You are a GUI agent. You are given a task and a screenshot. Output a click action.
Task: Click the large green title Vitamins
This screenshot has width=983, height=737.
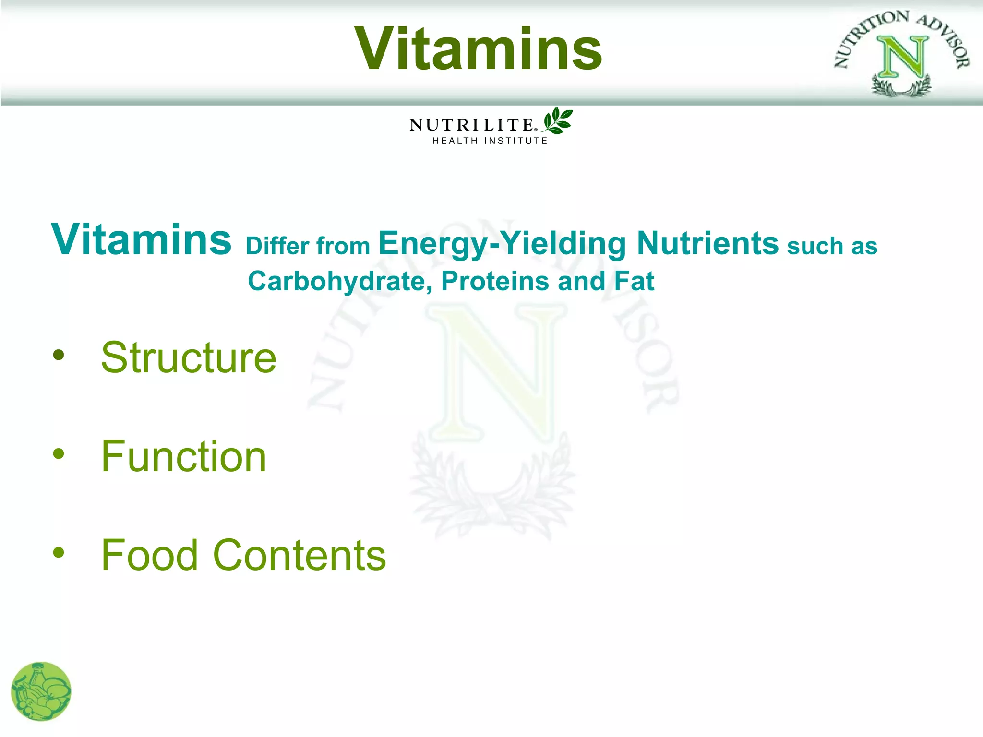pos(479,49)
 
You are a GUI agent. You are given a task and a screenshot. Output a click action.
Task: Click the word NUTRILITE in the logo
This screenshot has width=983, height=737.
pos(471,125)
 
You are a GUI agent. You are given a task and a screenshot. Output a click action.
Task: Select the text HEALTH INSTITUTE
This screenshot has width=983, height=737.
pos(490,141)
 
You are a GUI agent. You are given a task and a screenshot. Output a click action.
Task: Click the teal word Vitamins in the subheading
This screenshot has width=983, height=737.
pos(142,239)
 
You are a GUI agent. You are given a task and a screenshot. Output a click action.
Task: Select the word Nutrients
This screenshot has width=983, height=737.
pos(707,243)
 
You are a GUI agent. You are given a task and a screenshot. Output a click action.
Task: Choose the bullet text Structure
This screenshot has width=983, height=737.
pos(189,357)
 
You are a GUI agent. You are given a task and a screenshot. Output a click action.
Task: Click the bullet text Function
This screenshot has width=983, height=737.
pos(183,456)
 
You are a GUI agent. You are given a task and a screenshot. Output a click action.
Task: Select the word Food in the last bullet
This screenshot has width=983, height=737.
pos(149,555)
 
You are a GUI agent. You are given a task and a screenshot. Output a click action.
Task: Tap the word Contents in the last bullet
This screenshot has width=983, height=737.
pos(299,555)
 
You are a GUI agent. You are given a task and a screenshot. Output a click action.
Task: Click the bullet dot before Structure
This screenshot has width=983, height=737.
pos(59,355)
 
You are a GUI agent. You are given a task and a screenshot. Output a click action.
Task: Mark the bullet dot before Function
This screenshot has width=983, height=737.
pos(59,454)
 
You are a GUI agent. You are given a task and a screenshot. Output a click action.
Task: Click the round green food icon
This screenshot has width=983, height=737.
pos(41,691)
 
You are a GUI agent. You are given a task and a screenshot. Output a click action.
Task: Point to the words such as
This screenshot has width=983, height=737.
pos(832,246)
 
